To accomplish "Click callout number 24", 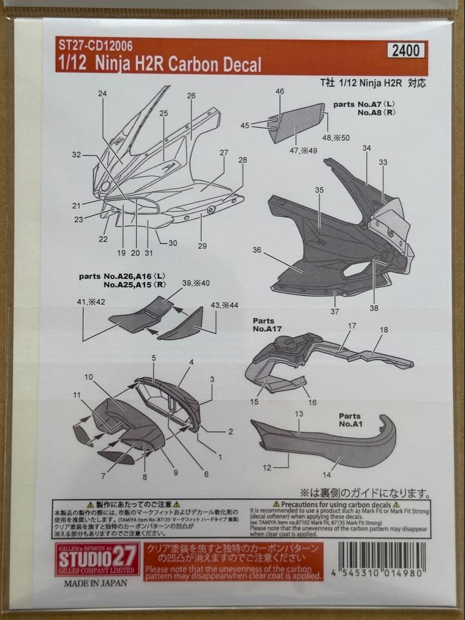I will (103, 94).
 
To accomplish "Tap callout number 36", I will (257, 250).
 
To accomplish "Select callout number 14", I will (327, 475).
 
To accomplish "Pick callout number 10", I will (88, 377).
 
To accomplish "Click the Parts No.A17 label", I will (263, 325).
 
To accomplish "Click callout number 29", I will (202, 246).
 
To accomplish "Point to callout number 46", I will (280, 91).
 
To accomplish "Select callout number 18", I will (384, 330).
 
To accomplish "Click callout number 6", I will (206, 474).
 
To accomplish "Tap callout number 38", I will (374, 308).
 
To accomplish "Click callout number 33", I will (383, 162).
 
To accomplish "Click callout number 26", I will (191, 96).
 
